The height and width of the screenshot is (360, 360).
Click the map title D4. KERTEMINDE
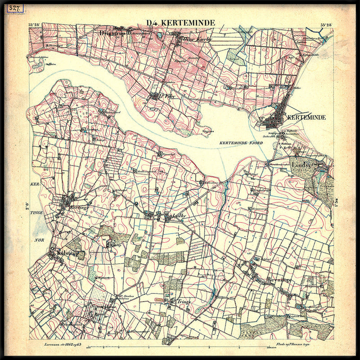[x=180, y=23]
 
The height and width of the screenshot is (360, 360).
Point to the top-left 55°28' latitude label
[x=35, y=25]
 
